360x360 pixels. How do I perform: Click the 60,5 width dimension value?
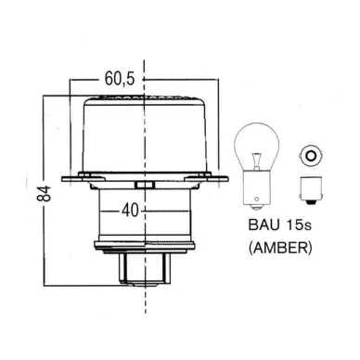pyautogui.click(x=120, y=79)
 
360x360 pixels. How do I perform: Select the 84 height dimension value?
pyautogui.click(x=44, y=194)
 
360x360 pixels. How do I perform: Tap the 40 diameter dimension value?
pyautogui.click(x=130, y=211)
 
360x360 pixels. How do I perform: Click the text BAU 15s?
pyautogui.click(x=279, y=225)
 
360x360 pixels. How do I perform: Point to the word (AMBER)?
pyautogui.click(x=280, y=248)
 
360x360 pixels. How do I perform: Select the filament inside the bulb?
pyautogui.click(x=255, y=161)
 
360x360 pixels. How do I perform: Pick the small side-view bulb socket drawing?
pyautogui.click(x=311, y=190)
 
